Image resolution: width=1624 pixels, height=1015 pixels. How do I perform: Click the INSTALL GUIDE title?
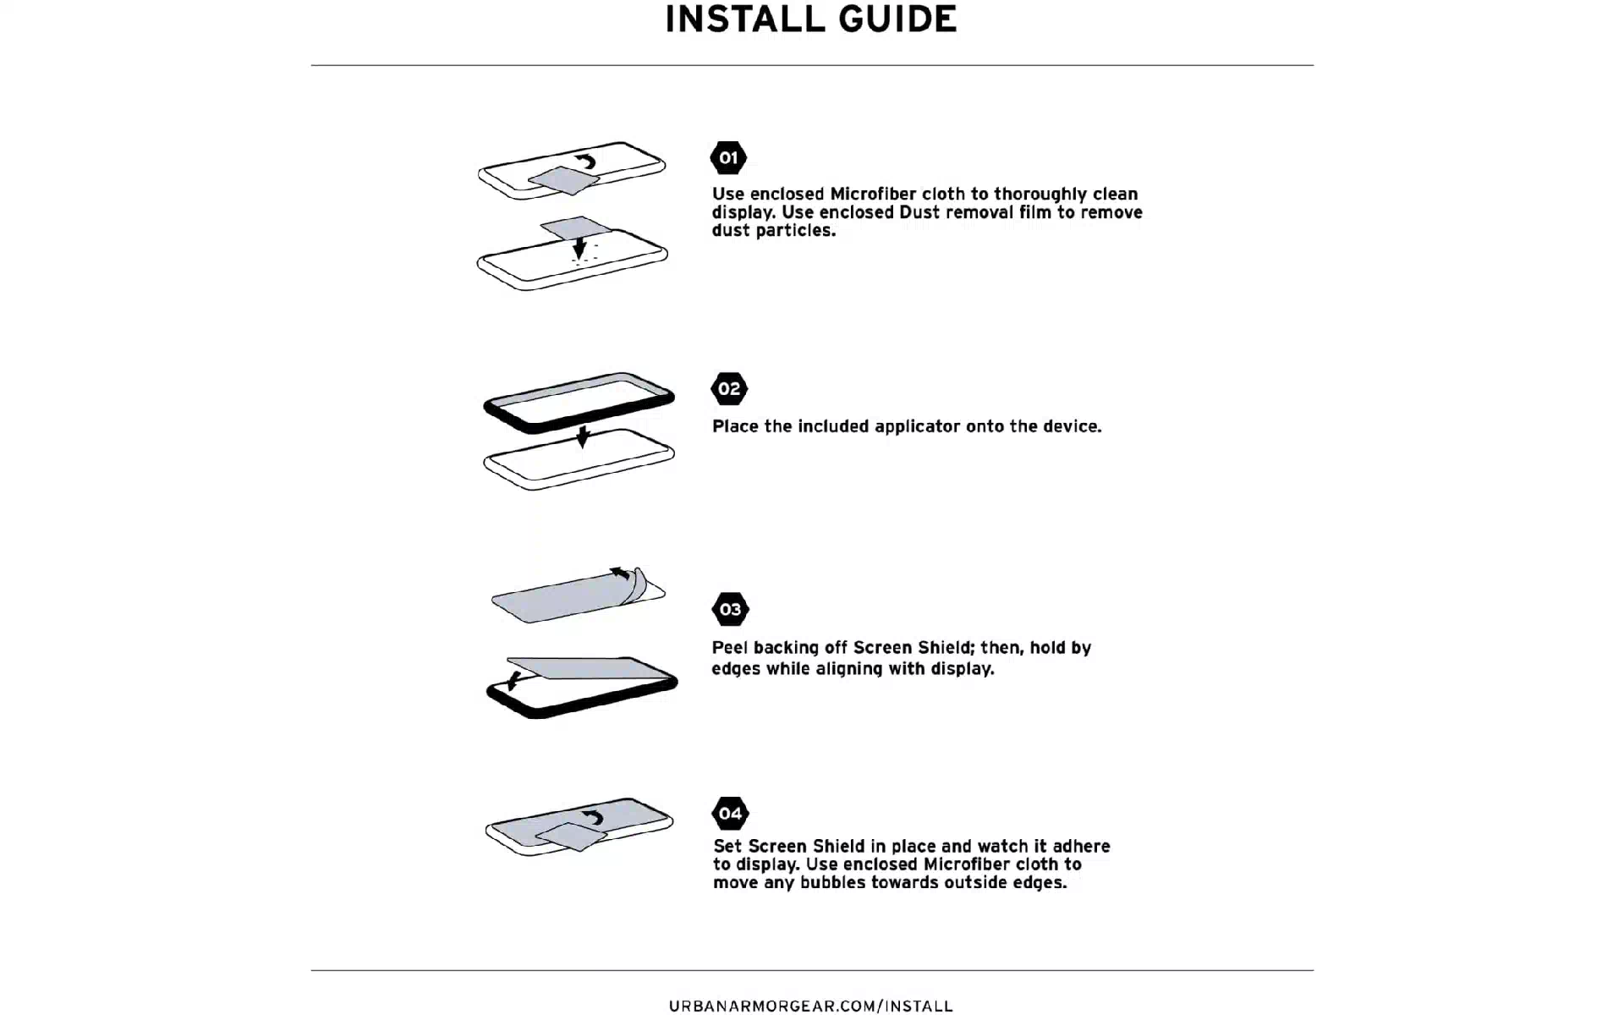coord(810,19)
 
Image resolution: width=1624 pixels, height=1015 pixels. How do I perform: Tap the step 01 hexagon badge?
coord(728,157)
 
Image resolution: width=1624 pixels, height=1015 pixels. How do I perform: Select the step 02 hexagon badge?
coord(729,389)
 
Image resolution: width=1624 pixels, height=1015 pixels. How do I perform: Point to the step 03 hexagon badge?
coord(730,609)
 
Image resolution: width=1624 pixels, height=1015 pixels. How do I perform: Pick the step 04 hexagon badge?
coord(730,814)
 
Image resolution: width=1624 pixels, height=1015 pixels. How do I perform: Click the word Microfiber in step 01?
coord(873,194)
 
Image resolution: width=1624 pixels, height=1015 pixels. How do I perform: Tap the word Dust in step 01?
coord(920,212)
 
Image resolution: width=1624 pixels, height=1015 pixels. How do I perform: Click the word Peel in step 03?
coord(730,648)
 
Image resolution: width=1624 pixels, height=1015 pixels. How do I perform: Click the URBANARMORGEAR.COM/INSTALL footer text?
coord(810,1006)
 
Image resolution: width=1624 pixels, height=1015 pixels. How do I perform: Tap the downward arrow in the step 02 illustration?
coord(582,436)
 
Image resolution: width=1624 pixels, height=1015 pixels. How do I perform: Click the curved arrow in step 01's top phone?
coord(585,161)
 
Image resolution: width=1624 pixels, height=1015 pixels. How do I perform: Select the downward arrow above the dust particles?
coord(579,246)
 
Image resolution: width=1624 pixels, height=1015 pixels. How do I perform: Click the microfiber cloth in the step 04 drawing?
coord(571,836)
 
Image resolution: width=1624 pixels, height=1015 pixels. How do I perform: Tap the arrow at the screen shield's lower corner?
coord(513,679)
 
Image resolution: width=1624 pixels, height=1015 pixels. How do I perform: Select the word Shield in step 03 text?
coord(945,648)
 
